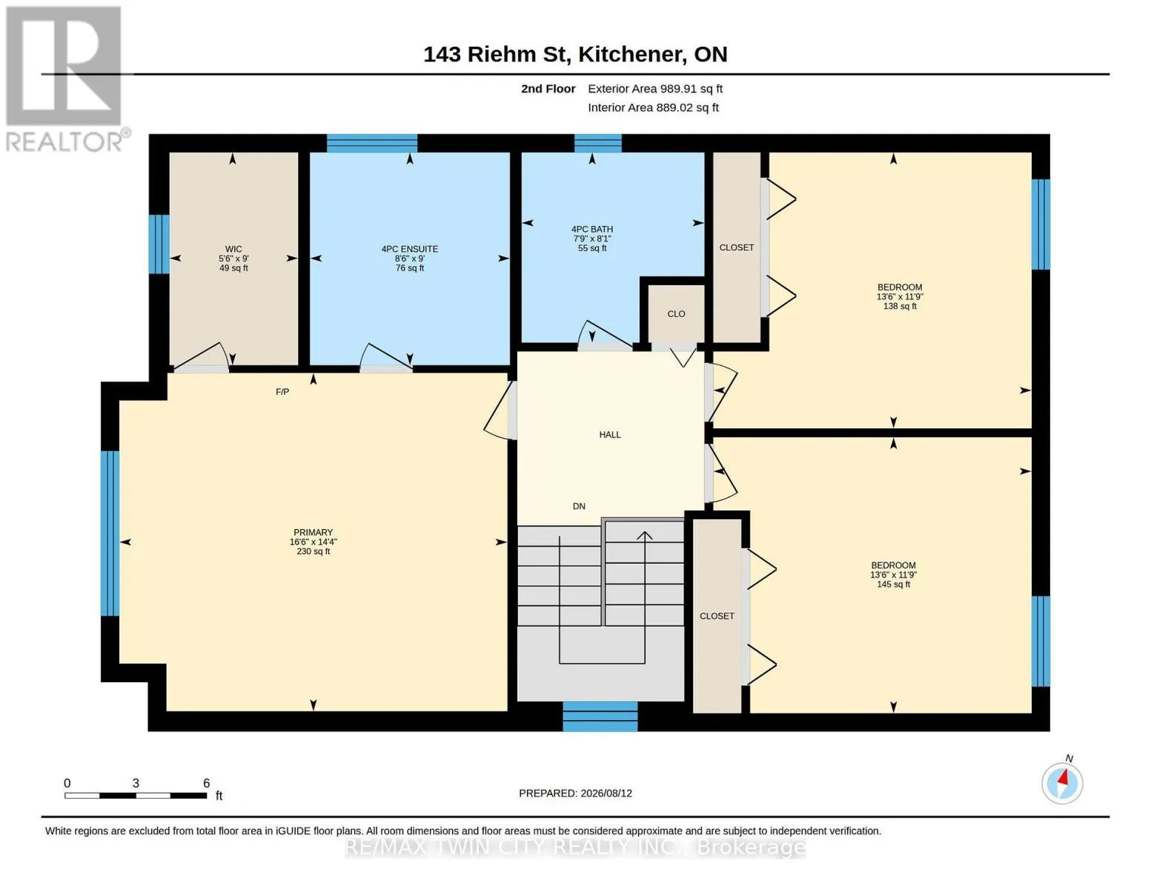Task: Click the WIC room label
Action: tap(233, 249)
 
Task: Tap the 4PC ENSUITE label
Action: tap(409, 249)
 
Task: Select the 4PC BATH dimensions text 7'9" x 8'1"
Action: tap(591, 239)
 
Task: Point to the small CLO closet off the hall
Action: tap(677, 314)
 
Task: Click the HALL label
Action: tap(610, 435)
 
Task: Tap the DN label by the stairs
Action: tap(579, 506)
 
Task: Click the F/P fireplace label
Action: tap(282, 392)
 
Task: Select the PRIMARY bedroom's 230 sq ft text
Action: tap(313, 551)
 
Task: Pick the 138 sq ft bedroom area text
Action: tap(900, 306)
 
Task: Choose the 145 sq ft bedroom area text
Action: tap(893, 584)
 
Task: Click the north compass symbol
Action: tap(1062, 783)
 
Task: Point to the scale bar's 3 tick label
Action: tap(136, 783)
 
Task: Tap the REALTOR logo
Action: tap(64, 79)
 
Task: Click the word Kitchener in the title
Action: tap(630, 54)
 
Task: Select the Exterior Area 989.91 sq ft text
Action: tap(655, 89)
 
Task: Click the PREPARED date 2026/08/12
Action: tap(606, 793)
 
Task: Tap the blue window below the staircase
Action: tap(600, 716)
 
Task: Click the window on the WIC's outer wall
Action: tap(159, 244)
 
